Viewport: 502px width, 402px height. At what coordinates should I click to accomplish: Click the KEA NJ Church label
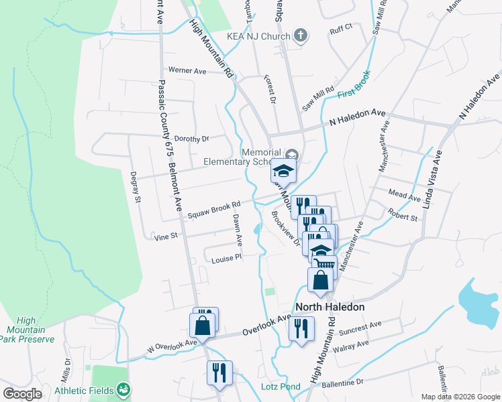pos(258,36)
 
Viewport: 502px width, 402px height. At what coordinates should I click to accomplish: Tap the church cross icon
pos(300,36)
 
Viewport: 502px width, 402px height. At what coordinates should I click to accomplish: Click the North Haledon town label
pos(329,307)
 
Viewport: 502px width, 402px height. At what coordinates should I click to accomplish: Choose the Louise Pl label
pos(226,259)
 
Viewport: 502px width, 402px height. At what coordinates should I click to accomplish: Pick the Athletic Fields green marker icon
pos(123,389)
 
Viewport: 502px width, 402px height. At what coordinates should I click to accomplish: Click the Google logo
pos(23,394)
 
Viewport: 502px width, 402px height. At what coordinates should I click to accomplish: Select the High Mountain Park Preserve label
pos(27,330)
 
